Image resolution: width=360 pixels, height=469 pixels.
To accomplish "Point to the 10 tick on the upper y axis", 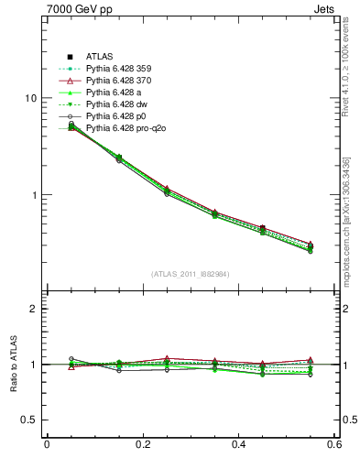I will [30, 98].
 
